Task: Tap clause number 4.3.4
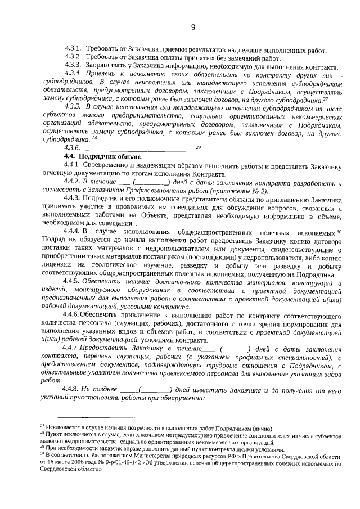pyautogui.click(x=74, y=74)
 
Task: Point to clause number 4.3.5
pyautogui.click(x=74, y=106)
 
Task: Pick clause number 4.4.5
pyautogui.click(x=74, y=281)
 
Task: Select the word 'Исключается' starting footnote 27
pyautogui.click(x=64, y=429)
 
